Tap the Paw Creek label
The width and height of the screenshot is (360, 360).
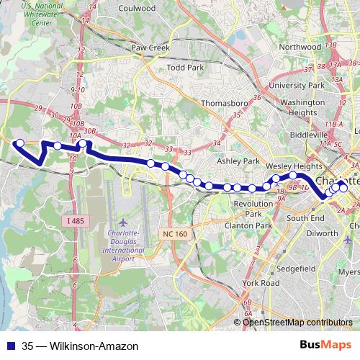[149, 48]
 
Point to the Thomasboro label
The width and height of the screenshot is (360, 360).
[225, 104]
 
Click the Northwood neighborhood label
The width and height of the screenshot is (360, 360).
[299, 47]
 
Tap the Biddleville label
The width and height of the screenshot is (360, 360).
[308, 135]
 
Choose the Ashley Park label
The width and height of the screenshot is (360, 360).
[238, 161]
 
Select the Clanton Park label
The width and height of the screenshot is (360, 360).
[247, 225]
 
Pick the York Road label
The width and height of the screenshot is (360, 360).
[261, 284]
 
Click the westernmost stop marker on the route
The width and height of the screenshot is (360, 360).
[20, 143]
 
